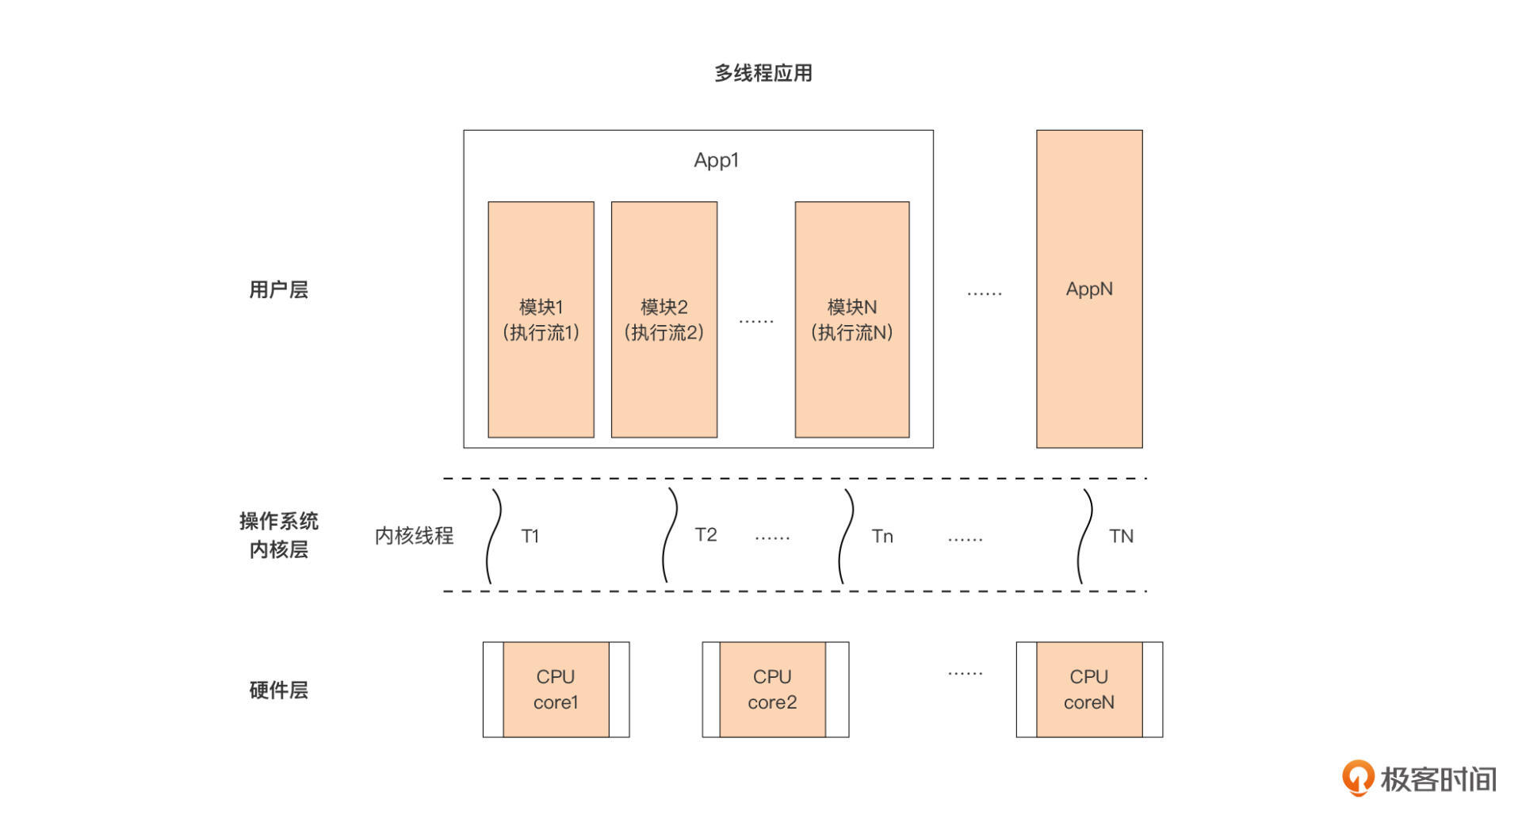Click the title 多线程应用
coord(763,73)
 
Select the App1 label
coord(716,160)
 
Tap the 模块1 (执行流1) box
coord(541,319)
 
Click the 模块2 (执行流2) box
coord(663,319)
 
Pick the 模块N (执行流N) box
coord(851,319)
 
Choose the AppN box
coord(1088,289)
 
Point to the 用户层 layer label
coord(278,289)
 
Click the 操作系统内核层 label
coord(278,535)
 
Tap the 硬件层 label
coord(278,690)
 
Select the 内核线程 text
coord(414,536)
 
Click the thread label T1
coord(530,537)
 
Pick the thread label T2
coord(706,535)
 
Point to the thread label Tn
coord(882,537)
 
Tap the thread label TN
coord(1121,537)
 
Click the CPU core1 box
coord(556,690)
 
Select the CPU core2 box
coord(772,690)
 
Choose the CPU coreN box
coord(1088,690)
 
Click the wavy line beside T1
coord(493,537)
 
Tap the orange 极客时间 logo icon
coord(1357,778)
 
